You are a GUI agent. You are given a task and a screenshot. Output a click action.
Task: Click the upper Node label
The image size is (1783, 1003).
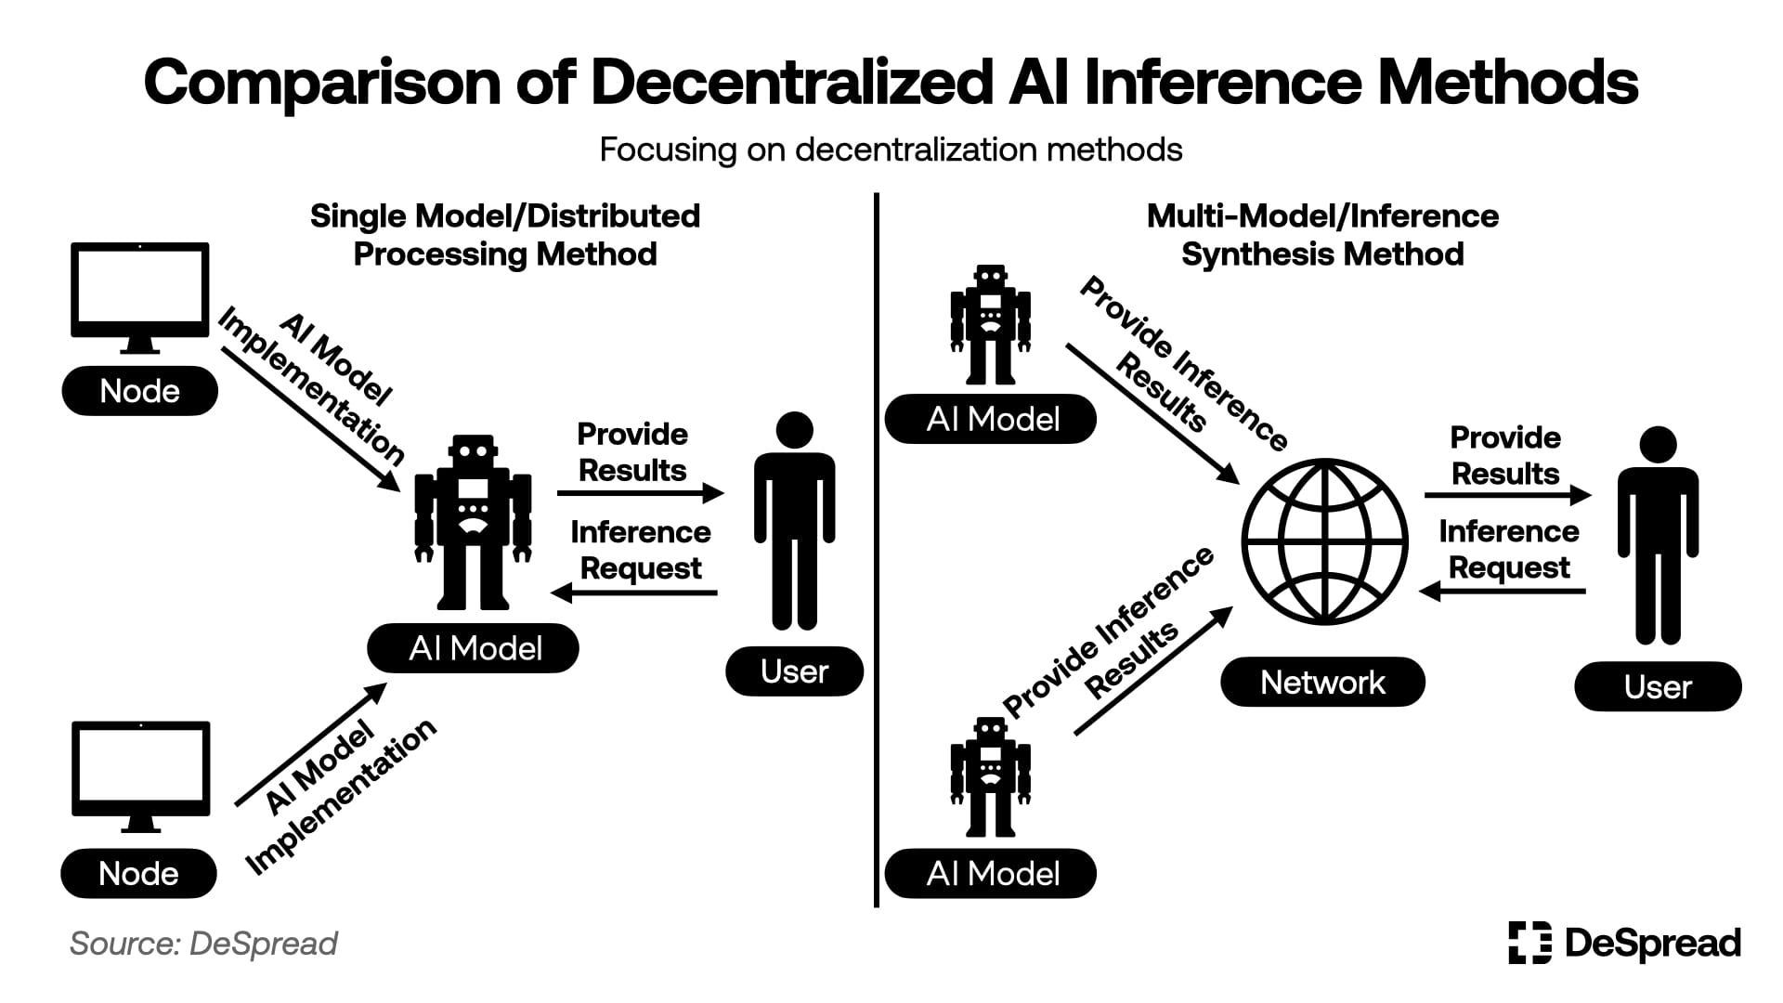pos(139,391)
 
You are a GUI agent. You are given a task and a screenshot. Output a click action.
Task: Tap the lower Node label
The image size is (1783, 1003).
pos(138,873)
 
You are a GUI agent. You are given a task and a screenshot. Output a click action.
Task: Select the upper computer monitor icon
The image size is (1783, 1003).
pos(140,295)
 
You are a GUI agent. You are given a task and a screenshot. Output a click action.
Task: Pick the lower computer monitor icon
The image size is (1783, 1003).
pos(140,775)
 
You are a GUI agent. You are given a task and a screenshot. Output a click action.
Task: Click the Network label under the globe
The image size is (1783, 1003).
pos(1322,683)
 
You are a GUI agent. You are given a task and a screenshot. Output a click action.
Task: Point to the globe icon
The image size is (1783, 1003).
pos(1324,542)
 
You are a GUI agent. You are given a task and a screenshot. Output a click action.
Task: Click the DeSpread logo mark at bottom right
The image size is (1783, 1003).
pos(1529,944)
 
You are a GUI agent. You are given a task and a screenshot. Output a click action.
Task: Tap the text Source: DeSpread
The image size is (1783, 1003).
pos(203,944)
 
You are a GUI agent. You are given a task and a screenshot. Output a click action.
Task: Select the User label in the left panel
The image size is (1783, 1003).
pos(794,671)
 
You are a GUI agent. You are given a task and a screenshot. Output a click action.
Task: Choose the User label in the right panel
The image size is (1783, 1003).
pos(1658,687)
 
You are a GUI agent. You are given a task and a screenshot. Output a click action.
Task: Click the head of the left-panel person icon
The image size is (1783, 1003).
pos(794,430)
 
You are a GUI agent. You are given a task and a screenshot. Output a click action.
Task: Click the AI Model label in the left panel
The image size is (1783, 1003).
pos(474,648)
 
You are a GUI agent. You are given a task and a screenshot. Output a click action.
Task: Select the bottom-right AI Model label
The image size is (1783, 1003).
pos(991,873)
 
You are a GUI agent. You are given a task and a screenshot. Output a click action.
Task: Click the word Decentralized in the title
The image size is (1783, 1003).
pos(791,83)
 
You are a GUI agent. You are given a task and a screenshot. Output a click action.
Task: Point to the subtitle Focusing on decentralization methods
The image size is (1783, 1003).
pos(891,150)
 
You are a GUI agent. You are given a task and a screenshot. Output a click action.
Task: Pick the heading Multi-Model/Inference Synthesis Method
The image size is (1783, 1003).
pos(1322,235)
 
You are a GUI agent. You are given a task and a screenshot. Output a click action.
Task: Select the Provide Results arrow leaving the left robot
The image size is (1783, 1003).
pos(641,493)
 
